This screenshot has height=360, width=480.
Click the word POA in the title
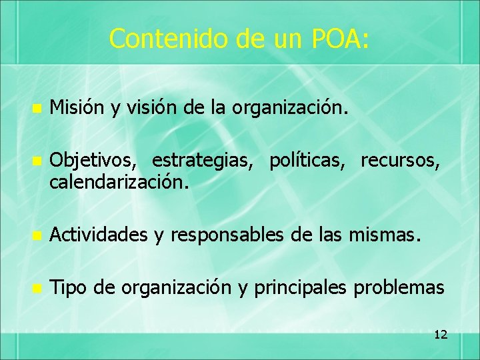(x=339, y=39)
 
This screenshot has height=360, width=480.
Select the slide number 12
(x=440, y=334)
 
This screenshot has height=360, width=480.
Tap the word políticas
(x=309, y=161)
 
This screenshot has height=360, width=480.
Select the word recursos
(x=400, y=161)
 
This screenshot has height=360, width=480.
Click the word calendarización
(x=119, y=181)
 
